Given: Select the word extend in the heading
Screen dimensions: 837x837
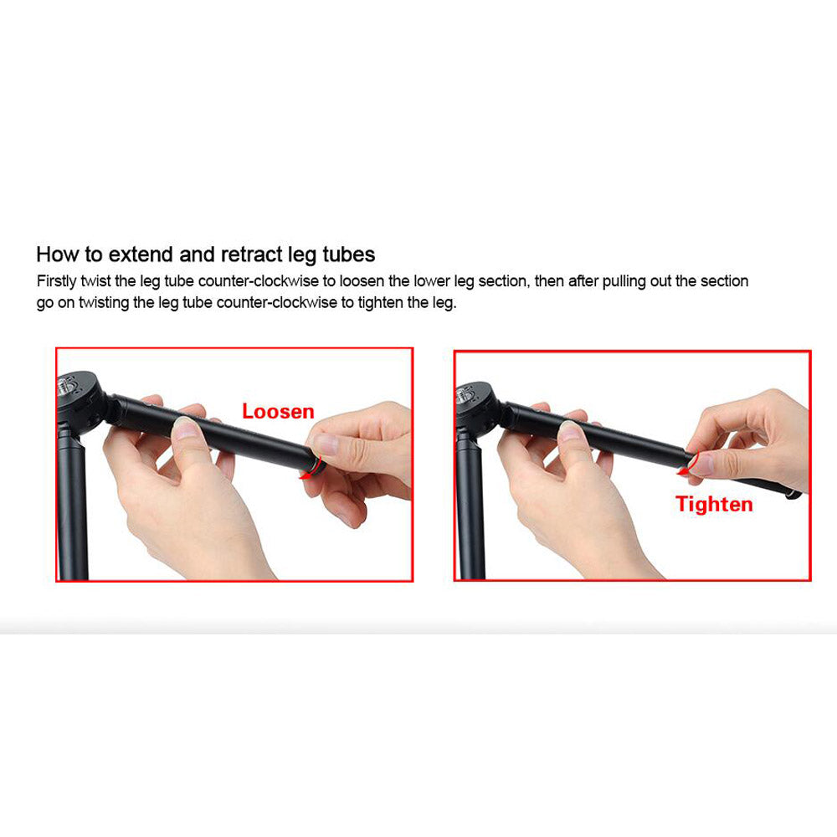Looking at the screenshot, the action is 141,254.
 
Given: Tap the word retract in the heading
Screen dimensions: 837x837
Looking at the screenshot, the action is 251,254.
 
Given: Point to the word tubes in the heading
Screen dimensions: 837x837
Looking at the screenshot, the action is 348,254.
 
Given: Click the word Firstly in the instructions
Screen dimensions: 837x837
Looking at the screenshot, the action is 57,281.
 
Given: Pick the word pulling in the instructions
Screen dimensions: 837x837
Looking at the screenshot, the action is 624,281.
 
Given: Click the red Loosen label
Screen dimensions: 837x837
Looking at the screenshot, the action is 278,412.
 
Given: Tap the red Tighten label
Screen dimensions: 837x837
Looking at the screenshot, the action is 714,505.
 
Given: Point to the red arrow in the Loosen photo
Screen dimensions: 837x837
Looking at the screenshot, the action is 315,469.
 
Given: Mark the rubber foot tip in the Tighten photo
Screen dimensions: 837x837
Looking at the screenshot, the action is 793,495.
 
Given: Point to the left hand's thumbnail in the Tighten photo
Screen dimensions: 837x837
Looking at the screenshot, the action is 571,431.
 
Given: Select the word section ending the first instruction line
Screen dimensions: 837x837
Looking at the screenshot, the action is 724,281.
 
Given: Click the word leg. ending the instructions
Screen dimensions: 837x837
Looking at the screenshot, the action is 444,303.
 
